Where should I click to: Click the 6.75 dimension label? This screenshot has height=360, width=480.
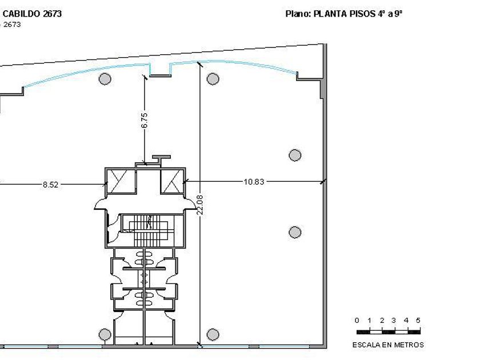[145, 121]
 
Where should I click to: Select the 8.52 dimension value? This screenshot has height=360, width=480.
[50, 185]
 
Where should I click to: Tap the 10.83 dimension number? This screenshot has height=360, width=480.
[254, 182]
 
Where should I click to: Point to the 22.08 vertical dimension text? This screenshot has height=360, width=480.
[200, 205]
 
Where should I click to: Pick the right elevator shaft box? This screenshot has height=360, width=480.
[173, 181]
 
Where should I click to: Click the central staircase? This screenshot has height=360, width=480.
[148, 230]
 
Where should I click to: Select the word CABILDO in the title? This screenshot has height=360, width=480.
[21, 14]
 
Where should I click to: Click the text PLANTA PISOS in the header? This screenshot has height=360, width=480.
[344, 14]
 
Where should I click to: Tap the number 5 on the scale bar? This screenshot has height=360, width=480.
[418, 320]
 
